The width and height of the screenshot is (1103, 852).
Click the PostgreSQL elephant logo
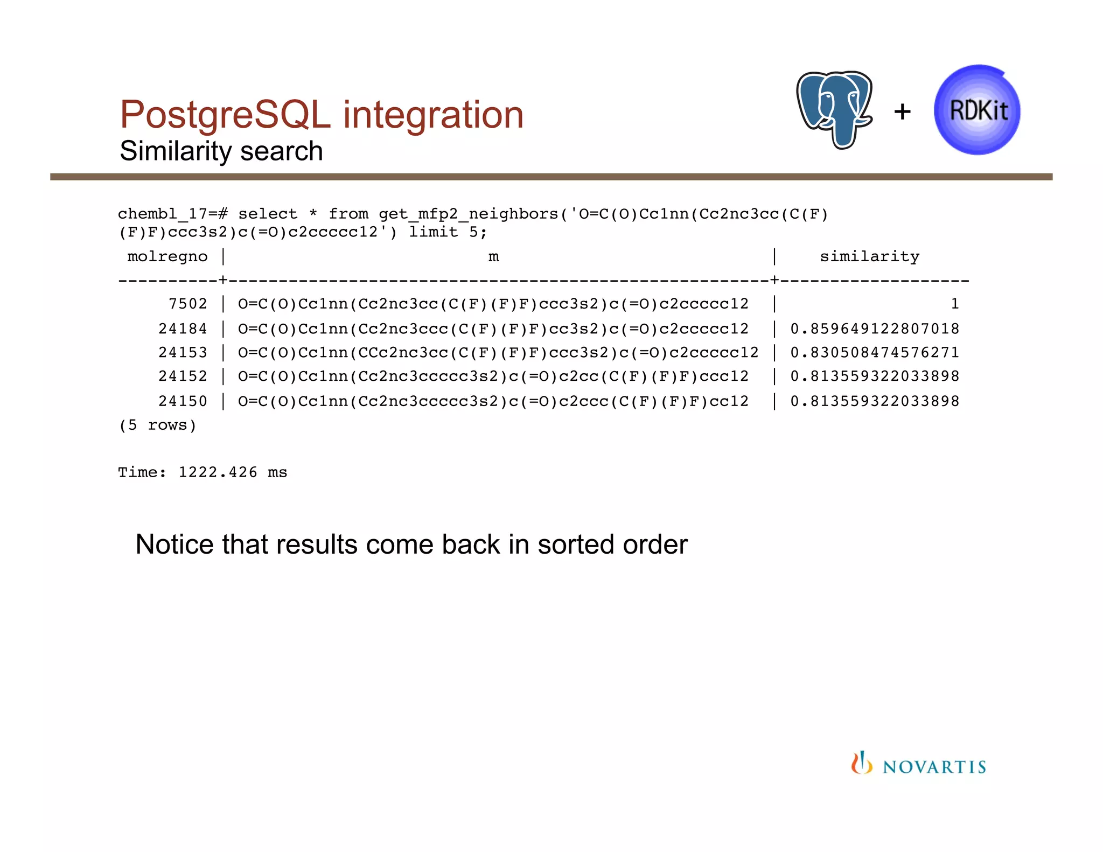[x=834, y=109]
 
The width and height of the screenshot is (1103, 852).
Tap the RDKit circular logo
[x=978, y=110]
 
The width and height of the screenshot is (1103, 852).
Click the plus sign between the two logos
[x=903, y=112]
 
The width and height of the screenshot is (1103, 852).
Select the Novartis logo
[x=919, y=764]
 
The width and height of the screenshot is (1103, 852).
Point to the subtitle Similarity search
[x=221, y=151]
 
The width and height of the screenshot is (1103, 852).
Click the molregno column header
[x=167, y=256]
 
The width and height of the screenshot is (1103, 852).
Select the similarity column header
[x=869, y=256]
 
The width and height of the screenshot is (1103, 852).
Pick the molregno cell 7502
[x=187, y=304]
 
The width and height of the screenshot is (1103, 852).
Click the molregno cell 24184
[x=183, y=329]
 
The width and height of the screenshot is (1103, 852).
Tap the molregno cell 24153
[x=183, y=352]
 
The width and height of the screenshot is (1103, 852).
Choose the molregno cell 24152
[x=183, y=376]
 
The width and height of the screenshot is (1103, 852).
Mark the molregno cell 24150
[x=183, y=401]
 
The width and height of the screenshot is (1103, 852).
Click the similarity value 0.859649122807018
[x=875, y=329]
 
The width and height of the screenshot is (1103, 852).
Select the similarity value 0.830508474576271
[x=875, y=352]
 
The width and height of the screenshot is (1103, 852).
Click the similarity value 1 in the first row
[x=955, y=304]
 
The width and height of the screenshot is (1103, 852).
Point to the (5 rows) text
[x=157, y=425]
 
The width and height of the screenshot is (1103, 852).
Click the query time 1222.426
[x=218, y=472]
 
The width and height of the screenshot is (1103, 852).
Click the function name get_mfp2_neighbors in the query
[x=469, y=214]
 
